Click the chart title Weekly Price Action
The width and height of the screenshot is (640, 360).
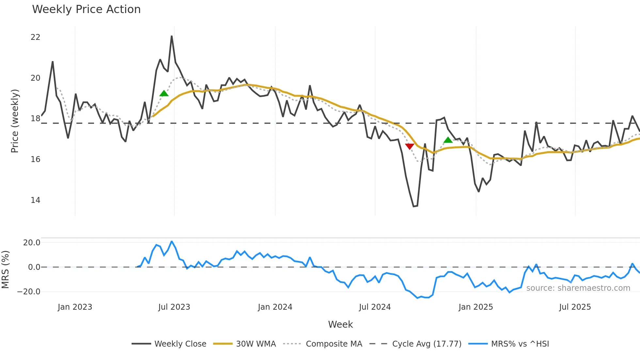coord(86,9)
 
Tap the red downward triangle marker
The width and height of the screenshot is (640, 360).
coord(409,146)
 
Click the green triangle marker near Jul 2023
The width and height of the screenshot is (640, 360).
coord(164,93)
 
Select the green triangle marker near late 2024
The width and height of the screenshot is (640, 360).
coord(448,140)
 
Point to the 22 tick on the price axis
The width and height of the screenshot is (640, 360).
coord(35,37)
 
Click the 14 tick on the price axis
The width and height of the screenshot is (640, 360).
coord(35,200)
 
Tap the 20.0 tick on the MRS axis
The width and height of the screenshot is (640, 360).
coord(32,243)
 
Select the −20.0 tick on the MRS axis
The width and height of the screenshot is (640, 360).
coord(29,292)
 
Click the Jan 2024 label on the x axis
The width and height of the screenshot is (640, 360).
coord(275,307)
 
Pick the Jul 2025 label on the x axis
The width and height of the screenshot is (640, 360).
coord(575,307)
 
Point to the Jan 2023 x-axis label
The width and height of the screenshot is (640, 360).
coord(75,307)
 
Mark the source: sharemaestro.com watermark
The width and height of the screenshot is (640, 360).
coord(578,288)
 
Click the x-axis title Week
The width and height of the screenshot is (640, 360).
coord(340,324)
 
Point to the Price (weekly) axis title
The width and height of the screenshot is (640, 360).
coord(15,121)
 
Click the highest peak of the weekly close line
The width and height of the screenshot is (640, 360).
coord(172,36)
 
